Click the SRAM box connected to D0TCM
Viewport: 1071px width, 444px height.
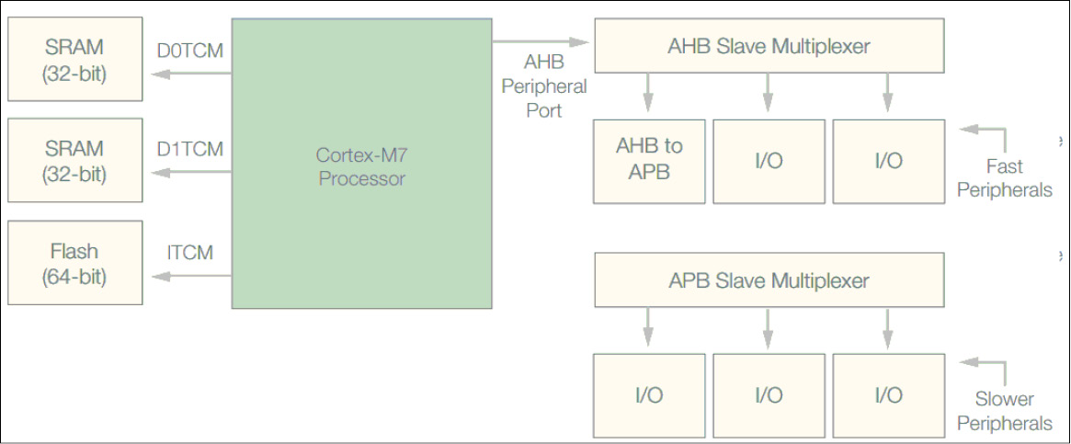[74, 59]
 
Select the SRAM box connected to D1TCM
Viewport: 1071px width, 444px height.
[74, 160]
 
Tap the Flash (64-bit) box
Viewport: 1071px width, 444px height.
[74, 263]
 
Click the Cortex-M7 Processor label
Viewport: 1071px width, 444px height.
[362, 166]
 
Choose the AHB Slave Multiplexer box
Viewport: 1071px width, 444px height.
[769, 45]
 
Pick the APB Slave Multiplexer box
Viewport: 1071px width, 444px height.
[769, 280]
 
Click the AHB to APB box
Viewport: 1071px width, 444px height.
[649, 160]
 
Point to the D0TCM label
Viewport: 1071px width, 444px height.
[189, 50]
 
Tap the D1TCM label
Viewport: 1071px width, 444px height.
[189, 148]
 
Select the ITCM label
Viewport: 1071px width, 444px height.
[190, 252]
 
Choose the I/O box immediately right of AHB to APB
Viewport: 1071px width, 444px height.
[769, 161]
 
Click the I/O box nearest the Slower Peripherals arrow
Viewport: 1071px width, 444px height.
[888, 395]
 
